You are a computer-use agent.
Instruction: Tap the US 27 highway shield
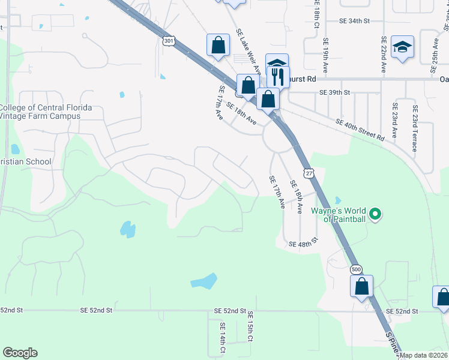[x=308, y=172]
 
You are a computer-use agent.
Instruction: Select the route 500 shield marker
[x=357, y=269]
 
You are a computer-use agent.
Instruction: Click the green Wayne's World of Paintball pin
[x=375, y=214]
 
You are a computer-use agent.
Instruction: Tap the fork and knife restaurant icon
[x=278, y=77]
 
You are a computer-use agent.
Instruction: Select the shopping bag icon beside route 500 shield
[x=362, y=286]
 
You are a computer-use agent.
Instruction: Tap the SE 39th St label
[x=334, y=93]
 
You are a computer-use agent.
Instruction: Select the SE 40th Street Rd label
[x=360, y=130]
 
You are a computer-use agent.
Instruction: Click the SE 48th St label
[x=303, y=244]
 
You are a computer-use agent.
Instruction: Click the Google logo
[x=20, y=353]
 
